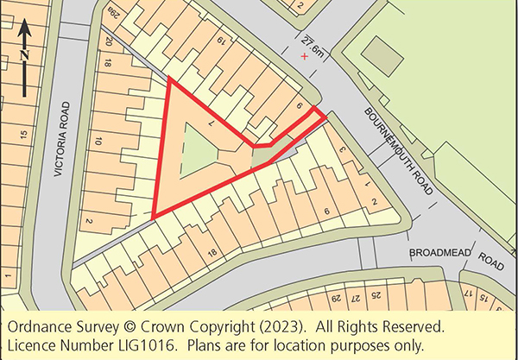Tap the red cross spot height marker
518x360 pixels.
(x=304, y=56)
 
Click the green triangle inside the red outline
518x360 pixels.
(x=193, y=148)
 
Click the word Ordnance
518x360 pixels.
(x=39, y=328)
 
